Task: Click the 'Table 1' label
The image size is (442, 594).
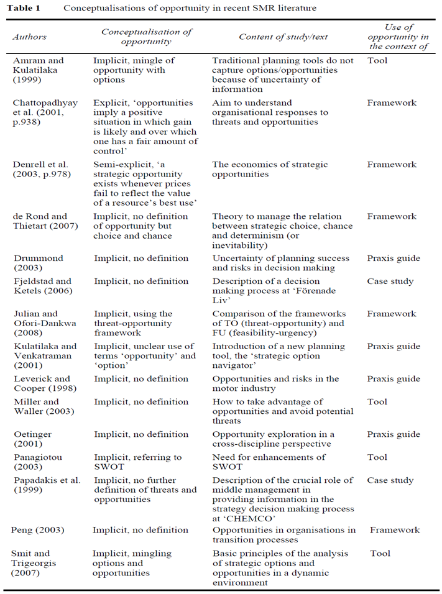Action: (x=26, y=9)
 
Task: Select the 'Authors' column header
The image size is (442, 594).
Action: (x=29, y=37)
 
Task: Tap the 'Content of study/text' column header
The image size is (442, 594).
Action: (x=283, y=37)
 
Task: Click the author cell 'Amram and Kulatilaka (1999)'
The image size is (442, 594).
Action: (x=38, y=71)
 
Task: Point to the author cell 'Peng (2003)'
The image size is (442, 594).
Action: (x=37, y=530)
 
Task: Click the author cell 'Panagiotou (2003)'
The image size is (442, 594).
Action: (x=37, y=462)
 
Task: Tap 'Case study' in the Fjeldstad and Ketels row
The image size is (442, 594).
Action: (x=390, y=281)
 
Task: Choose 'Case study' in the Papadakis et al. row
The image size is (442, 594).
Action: (x=390, y=480)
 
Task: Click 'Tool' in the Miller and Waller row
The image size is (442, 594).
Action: (x=377, y=402)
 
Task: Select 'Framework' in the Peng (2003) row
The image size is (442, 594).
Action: (x=395, y=530)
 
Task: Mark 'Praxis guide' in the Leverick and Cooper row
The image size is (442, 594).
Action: (x=392, y=379)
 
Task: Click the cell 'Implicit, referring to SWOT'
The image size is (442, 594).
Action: (x=137, y=462)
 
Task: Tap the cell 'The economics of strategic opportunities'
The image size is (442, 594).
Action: (x=270, y=170)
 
